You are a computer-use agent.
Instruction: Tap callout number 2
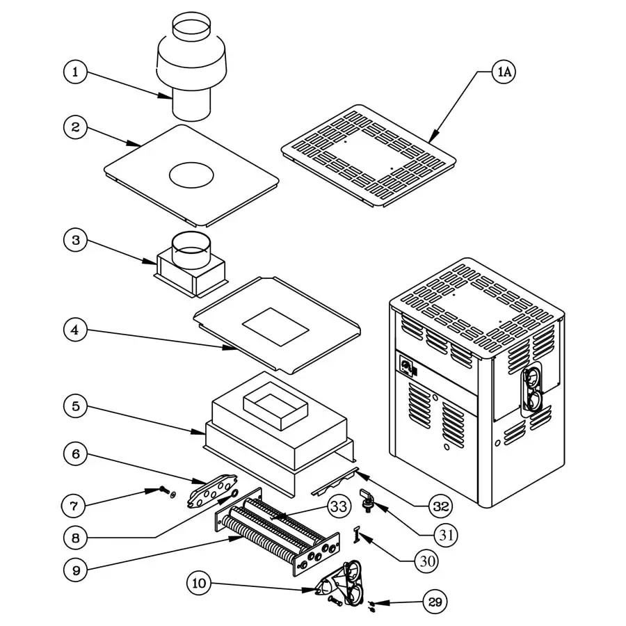click(x=76, y=127)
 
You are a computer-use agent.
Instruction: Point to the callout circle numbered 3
click(x=76, y=241)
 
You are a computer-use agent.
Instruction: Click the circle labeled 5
click(x=76, y=405)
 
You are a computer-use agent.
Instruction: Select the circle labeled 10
click(x=200, y=583)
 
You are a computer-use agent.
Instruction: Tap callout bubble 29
click(x=436, y=602)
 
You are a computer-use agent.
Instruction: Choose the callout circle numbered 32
click(x=440, y=506)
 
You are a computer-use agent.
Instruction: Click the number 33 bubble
click(x=339, y=507)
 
